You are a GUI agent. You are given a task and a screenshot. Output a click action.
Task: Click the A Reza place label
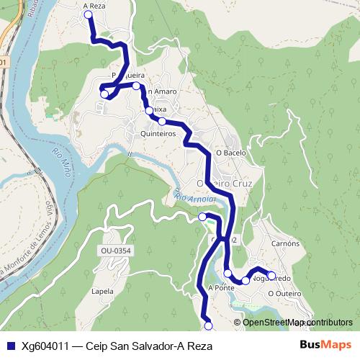click(94, 5)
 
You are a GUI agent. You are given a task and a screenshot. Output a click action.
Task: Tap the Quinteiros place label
click(158, 133)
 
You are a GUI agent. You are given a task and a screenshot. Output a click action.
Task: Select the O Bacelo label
click(231, 153)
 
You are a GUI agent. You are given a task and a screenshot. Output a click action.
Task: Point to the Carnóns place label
click(286, 243)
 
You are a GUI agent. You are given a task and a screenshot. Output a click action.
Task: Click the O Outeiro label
click(284, 293)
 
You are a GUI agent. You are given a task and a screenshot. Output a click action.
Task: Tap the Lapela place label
click(103, 292)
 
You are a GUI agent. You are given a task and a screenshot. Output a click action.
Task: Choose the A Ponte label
click(221, 287)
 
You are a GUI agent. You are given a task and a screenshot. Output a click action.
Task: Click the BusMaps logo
click(325, 346)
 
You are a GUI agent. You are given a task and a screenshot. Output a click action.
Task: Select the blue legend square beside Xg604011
click(10, 346)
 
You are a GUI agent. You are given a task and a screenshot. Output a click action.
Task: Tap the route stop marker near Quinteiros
click(162, 121)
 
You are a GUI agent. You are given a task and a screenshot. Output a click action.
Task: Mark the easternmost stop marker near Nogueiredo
click(271, 274)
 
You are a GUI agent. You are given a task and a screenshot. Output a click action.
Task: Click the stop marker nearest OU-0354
click(202, 217)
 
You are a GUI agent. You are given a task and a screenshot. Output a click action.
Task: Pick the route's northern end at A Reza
click(89, 14)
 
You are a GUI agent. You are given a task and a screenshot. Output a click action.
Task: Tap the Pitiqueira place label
click(125, 75)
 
